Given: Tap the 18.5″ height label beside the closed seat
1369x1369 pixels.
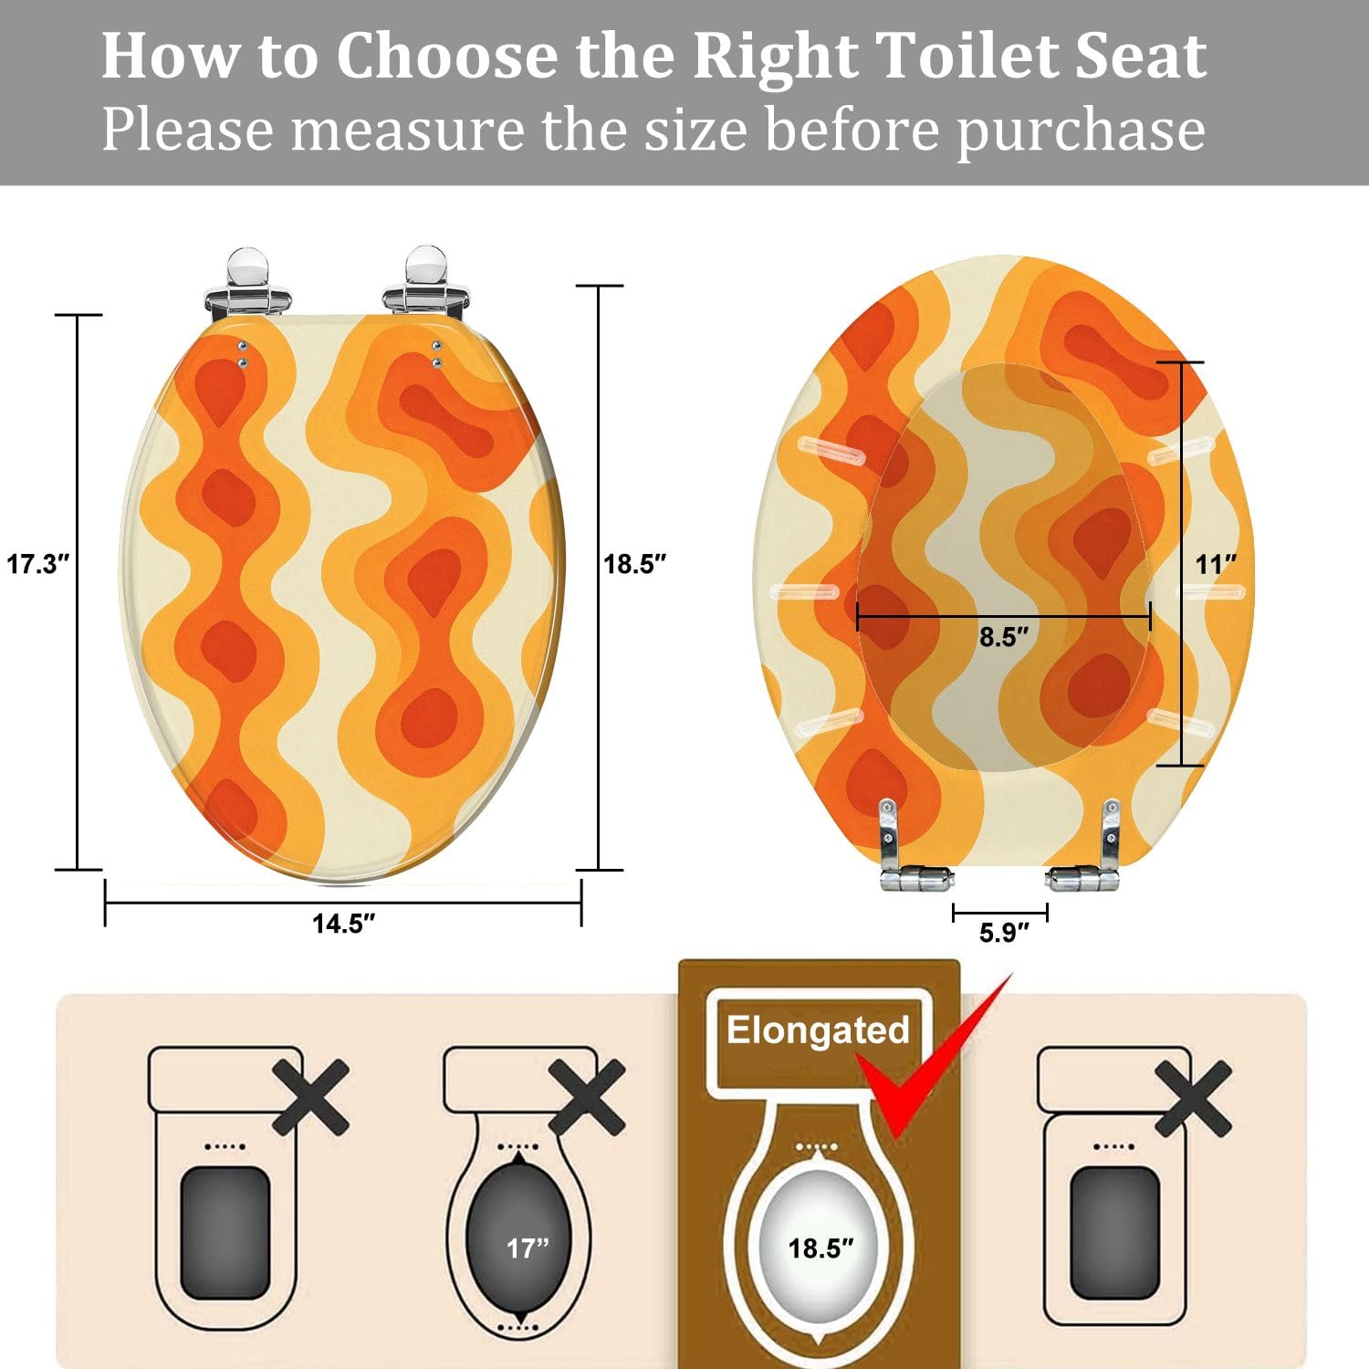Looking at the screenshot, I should pyautogui.click(x=635, y=564).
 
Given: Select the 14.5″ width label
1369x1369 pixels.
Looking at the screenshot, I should pyautogui.click(x=343, y=924).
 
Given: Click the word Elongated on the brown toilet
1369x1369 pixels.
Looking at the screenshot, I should pyautogui.click(x=818, y=1030).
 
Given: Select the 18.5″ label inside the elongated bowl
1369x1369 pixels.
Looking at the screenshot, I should pyautogui.click(x=820, y=1248).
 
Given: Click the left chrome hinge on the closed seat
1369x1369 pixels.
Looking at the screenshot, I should pyautogui.click(x=248, y=283).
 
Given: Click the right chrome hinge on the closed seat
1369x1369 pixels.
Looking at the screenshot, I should pyautogui.click(x=426, y=283).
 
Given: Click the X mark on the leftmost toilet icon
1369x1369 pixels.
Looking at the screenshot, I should pyautogui.click(x=311, y=1097).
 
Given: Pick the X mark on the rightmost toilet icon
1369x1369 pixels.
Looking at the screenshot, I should pyautogui.click(x=1194, y=1097).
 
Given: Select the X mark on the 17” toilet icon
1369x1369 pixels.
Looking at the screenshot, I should pyautogui.click(x=588, y=1097).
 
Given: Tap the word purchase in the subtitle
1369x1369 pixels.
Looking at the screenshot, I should pyautogui.click(x=1081, y=130).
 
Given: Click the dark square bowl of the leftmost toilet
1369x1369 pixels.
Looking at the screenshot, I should pyautogui.click(x=225, y=1232).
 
